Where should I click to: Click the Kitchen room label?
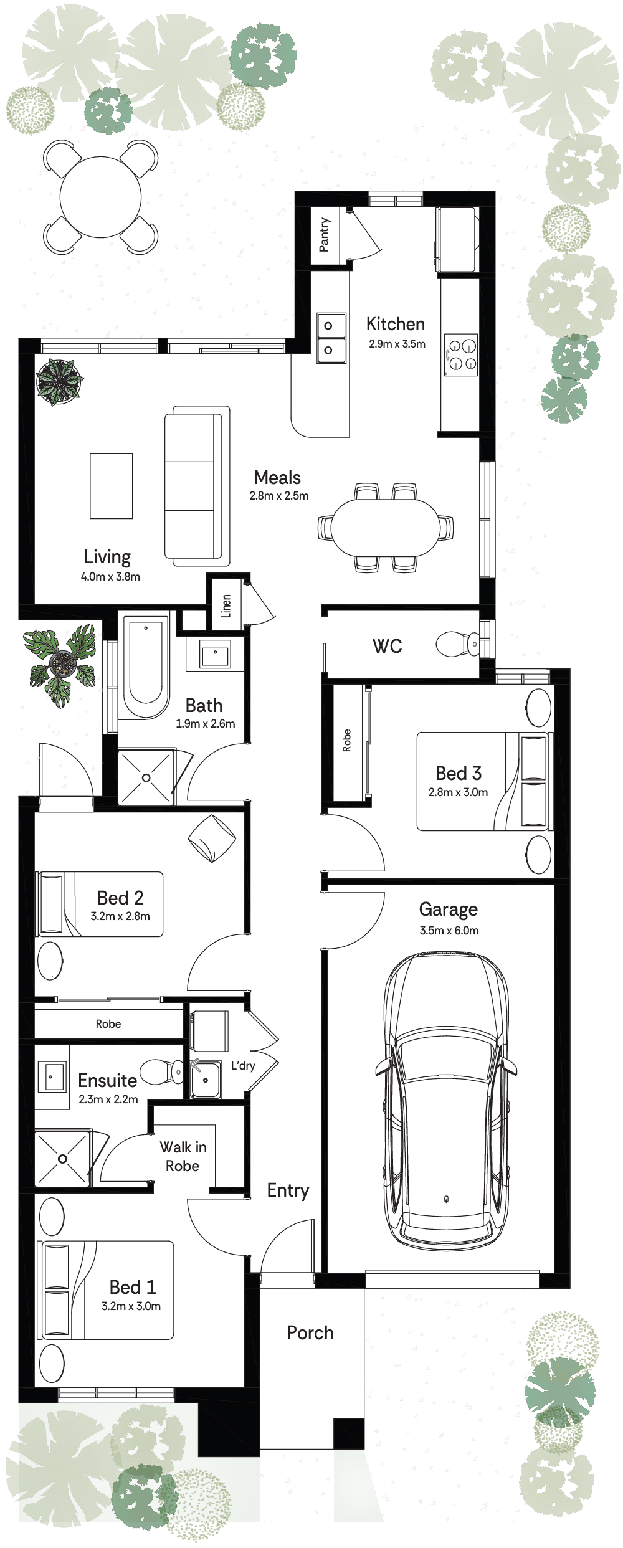(x=396, y=324)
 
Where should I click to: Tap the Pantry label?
(x=324, y=235)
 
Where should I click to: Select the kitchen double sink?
(x=331, y=338)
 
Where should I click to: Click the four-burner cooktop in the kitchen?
(x=461, y=355)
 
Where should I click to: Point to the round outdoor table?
(x=100, y=197)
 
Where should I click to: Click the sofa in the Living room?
(x=197, y=486)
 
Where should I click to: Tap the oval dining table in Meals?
(x=385, y=528)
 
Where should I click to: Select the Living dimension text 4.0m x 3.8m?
(x=110, y=577)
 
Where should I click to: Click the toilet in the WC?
(x=458, y=644)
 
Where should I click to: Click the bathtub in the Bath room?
(x=146, y=667)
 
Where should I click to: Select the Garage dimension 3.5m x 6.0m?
(x=449, y=931)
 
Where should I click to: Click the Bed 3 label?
(x=459, y=773)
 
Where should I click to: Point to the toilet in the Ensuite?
(x=162, y=1071)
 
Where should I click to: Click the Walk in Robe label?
(x=183, y=1156)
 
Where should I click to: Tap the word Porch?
(x=310, y=1332)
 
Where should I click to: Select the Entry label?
(x=288, y=1190)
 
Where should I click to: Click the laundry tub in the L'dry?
(x=206, y=1080)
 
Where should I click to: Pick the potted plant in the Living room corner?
(x=59, y=381)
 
